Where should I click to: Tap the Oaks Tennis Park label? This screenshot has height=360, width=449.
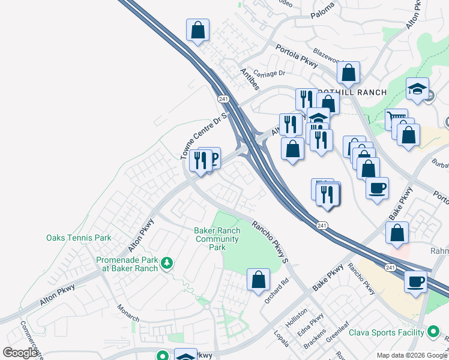tap(79, 238)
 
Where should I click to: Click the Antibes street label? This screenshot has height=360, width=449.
tap(249, 79)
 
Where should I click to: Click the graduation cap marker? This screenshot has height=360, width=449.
tap(417, 90)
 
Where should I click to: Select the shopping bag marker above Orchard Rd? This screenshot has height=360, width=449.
tap(258, 280)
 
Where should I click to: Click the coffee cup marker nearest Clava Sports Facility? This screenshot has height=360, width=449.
tap(415, 281)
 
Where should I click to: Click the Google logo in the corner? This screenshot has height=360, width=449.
tap(20, 352)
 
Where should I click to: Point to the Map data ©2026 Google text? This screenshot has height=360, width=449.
tap(411, 355)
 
